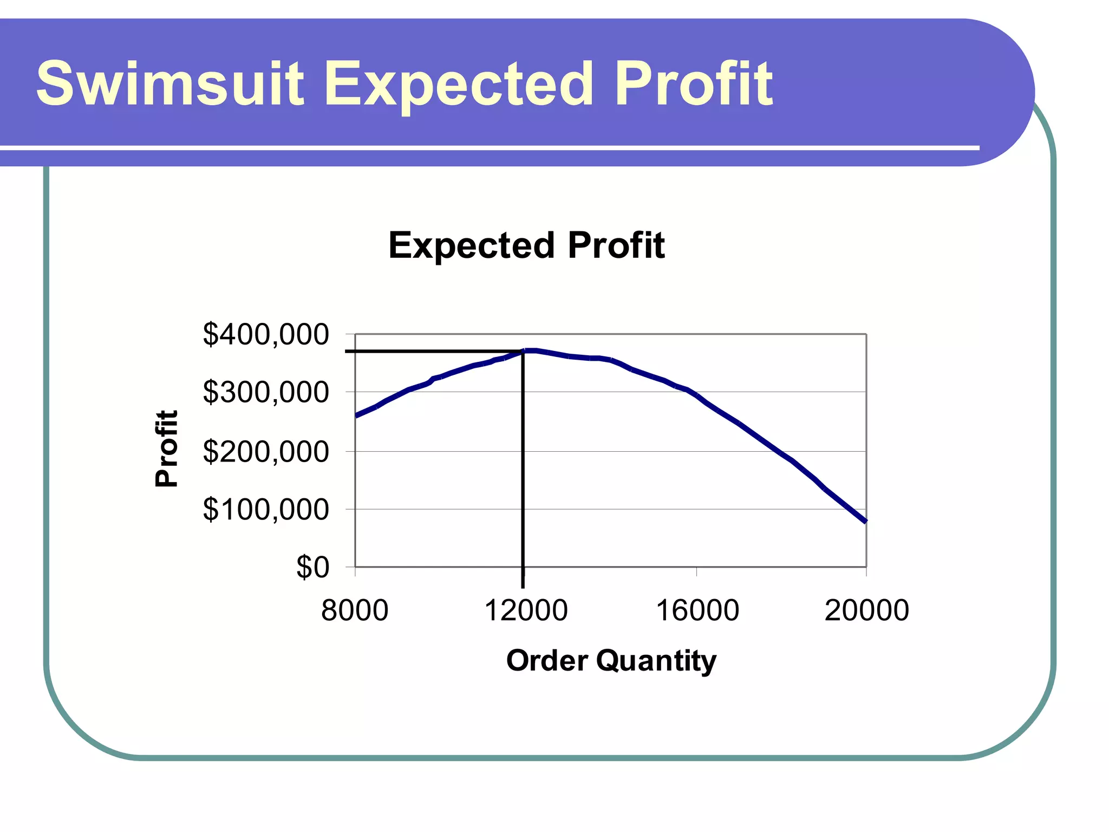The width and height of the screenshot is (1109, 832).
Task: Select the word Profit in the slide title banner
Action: pyautogui.click(x=694, y=84)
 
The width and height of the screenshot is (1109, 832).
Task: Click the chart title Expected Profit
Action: pyautogui.click(x=526, y=245)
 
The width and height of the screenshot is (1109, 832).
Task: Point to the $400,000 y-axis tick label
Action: pyautogui.click(x=265, y=334)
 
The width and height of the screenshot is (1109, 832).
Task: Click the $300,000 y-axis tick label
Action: pyautogui.click(x=265, y=392)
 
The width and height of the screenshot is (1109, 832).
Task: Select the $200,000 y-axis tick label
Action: pyautogui.click(x=265, y=451)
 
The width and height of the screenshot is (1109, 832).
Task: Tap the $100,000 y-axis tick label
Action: pyautogui.click(x=265, y=509)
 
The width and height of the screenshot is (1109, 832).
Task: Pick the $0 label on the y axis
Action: pyautogui.click(x=312, y=568)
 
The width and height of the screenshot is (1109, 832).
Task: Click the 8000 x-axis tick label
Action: pyautogui.click(x=355, y=610)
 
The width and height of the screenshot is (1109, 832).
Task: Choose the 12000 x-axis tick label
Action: pyautogui.click(x=526, y=610)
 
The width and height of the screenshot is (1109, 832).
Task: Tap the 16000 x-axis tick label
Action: pyautogui.click(x=697, y=610)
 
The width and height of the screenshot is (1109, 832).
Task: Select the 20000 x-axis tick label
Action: pyautogui.click(x=866, y=610)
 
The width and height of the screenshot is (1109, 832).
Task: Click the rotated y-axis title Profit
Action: pyautogui.click(x=166, y=448)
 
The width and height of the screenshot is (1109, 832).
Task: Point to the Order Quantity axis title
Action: pyautogui.click(x=611, y=660)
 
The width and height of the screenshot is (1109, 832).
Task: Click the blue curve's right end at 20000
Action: pyautogui.click(x=866, y=521)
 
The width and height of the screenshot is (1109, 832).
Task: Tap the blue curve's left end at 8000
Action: pyautogui.click(x=356, y=415)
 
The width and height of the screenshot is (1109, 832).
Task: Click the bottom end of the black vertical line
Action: pyautogui.click(x=523, y=587)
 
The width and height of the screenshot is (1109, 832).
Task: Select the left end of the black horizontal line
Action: pyautogui.click(x=346, y=352)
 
